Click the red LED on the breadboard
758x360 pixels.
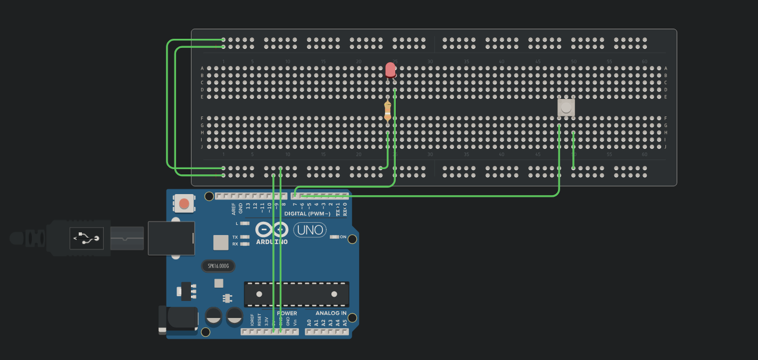click(390, 70)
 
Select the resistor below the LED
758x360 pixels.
click(388, 111)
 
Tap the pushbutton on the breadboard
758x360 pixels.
click(566, 107)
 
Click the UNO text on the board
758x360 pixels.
click(310, 230)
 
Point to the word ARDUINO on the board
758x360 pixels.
click(272, 242)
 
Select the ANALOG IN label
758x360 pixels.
click(331, 313)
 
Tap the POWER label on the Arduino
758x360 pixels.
click(287, 313)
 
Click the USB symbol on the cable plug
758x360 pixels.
click(86, 239)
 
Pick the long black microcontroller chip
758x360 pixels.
click(296, 294)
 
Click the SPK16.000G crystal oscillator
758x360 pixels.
click(218, 265)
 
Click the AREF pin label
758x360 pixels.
click(234, 208)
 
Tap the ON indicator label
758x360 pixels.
click(343, 237)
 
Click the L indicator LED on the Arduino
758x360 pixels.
click(245, 224)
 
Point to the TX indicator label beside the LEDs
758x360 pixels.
click(235, 237)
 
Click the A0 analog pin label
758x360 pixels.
click(309, 322)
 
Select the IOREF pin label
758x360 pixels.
click(252, 320)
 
